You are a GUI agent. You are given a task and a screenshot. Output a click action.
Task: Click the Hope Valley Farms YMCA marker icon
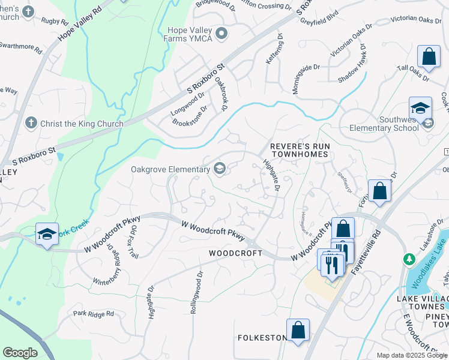221,34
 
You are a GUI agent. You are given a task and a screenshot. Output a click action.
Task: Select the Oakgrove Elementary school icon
220,169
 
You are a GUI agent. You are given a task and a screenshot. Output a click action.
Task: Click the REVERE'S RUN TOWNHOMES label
299,150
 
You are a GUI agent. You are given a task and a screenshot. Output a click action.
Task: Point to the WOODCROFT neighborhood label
235,253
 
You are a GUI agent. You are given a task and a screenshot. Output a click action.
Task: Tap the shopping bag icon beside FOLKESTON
298,330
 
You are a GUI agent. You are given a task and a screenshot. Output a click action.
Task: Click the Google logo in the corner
20,353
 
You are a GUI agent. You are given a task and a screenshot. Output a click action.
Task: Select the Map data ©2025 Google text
411,355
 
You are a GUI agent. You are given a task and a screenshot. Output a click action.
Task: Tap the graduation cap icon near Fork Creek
46,234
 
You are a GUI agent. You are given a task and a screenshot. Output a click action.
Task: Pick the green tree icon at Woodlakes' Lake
409,259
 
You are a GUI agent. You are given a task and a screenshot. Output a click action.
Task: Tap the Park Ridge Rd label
93,314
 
